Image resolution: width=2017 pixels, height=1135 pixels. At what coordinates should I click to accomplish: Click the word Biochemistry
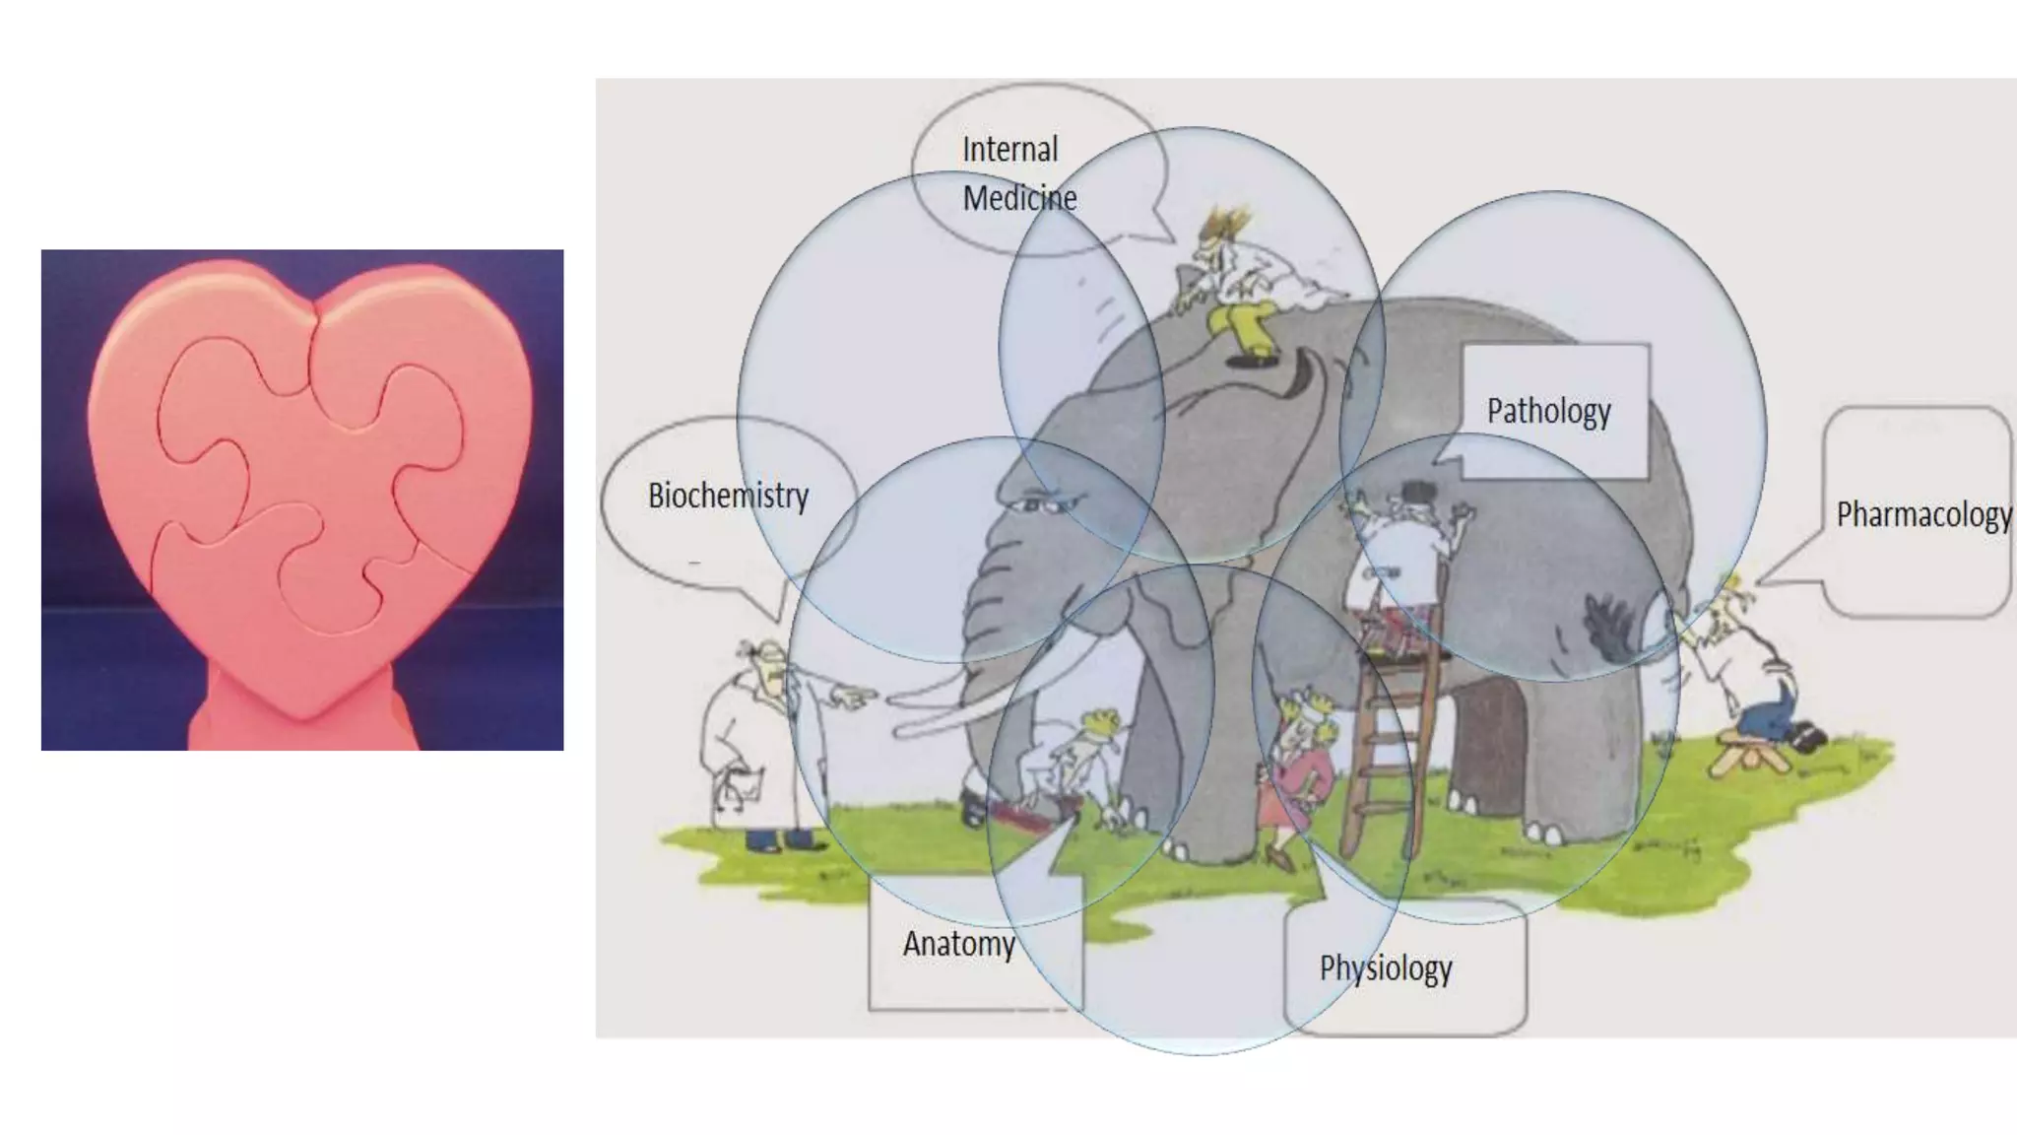[728, 496]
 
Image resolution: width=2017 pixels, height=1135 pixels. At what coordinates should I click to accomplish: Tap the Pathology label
[1548, 411]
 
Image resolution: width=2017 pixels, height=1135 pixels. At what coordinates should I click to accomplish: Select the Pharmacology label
[1922, 514]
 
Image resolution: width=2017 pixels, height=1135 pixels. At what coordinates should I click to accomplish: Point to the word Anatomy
[958, 944]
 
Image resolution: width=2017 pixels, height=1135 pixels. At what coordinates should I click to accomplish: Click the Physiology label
[1386, 968]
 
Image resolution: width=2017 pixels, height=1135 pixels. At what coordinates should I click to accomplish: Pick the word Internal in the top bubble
[1009, 150]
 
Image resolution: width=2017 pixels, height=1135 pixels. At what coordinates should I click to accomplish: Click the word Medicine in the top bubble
[1019, 198]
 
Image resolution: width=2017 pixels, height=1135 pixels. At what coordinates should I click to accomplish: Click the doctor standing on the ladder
[1399, 552]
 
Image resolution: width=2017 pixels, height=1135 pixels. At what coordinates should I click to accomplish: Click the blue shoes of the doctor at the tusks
[778, 842]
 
